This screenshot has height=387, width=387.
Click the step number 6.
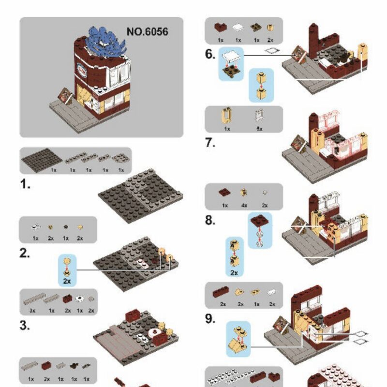(x=210, y=54)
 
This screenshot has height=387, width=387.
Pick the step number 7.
(x=210, y=143)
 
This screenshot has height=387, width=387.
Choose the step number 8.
(x=210, y=221)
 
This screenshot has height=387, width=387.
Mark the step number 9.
(x=210, y=319)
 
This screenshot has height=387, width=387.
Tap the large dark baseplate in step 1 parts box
(x=41, y=160)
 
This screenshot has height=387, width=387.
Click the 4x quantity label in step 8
(x=244, y=205)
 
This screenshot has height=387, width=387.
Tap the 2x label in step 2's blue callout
(x=67, y=280)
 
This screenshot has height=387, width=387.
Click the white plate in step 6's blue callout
(x=230, y=58)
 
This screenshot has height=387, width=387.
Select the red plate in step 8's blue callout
(x=261, y=222)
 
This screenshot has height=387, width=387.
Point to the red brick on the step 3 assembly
(x=133, y=316)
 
